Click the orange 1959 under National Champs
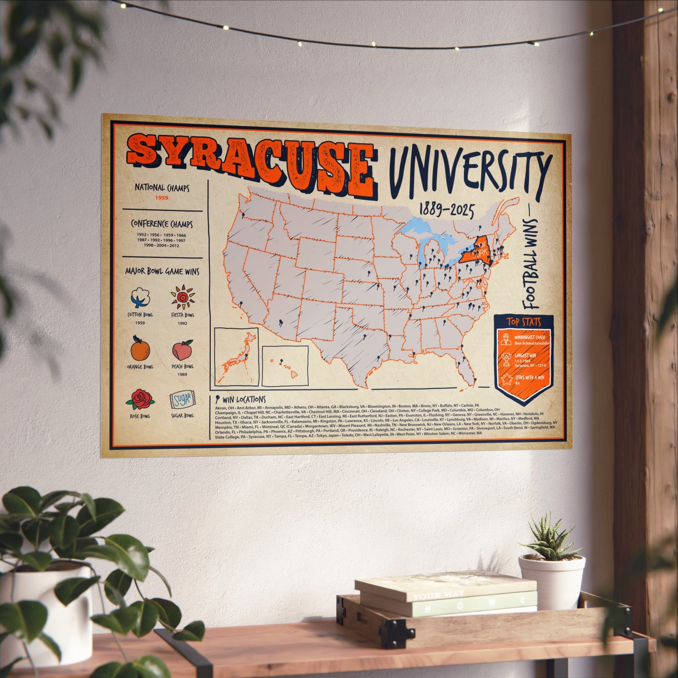(162, 198)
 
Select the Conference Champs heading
(162, 224)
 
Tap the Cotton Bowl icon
(140, 297)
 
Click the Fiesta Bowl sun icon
(183, 297)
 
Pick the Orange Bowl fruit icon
(140, 349)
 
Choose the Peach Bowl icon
(183, 350)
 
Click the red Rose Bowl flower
(140, 399)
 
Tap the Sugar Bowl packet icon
(182, 400)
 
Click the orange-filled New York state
(475, 251)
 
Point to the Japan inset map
(236, 357)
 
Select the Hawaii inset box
(285, 366)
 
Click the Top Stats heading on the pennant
(524, 322)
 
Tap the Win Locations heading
(244, 400)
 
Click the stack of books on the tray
(446, 594)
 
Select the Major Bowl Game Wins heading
(162, 271)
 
